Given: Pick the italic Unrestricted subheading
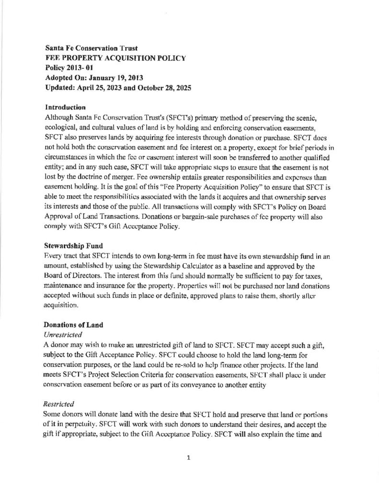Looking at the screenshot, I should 64,334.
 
